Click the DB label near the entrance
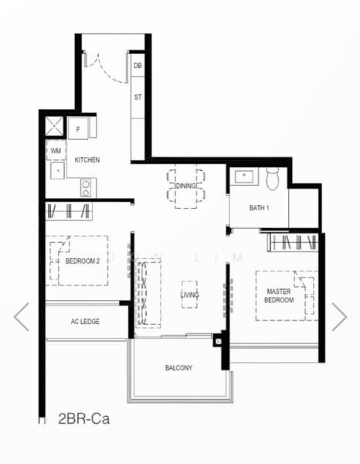pyautogui.click(x=138, y=66)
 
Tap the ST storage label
pyautogui.click(x=138, y=97)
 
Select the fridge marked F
pyautogui.click(x=78, y=128)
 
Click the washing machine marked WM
pyautogui.click(x=56, y=150)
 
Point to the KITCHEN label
pyautogui.click(x=87, y=160)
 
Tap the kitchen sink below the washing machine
pyautogui.click(x=58, y=170)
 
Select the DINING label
pyautogui.click(x=185, y=186)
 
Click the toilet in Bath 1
pyautogui.click(x=272, y=179)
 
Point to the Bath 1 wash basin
pyautogui.click(x=244, y=176)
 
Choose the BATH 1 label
pyautogui.click(x=259, y=208)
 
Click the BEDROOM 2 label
pyautogui.click(x=83, y=261)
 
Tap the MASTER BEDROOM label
pyautogui.click(x=279, y=295)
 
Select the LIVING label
pyautogui.click(x=190, y=295)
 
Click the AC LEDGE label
pyautogui.click(x=85, y=322)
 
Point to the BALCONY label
pyautogui.click(x=178, y=368)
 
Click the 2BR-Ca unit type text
pyautogui.click(x=83, y=418)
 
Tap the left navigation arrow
pyautogui.click(x=22, y=316)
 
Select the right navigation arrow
pyautogui.click(x=339, y=316)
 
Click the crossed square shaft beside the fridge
pyautogui.click(x=54, y=126)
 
